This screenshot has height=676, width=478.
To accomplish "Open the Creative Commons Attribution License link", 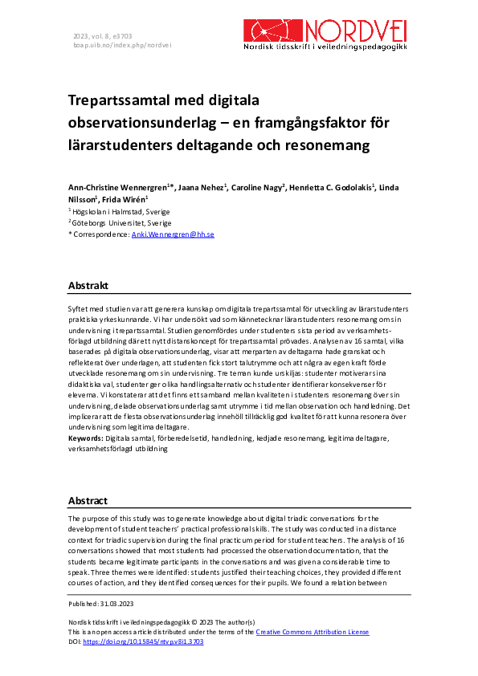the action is [x=313, y=632].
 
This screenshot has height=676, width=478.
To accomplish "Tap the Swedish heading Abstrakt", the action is [x=88, y=286].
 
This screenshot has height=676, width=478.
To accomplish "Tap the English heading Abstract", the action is [x=88, y=500].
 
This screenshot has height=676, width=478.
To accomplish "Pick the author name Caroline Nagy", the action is [x=256, y=187].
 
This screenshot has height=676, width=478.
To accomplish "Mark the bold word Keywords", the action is [x=86, y=439].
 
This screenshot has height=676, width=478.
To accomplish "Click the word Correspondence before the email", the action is [x=100, y=234].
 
